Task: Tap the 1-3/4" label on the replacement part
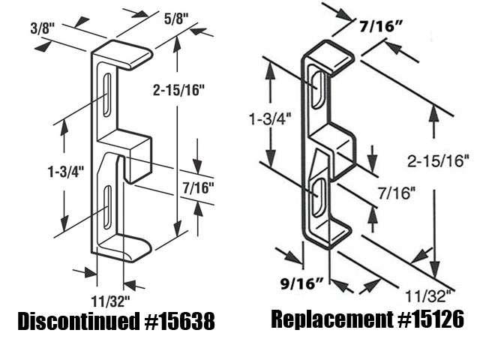tap(271, 118)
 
